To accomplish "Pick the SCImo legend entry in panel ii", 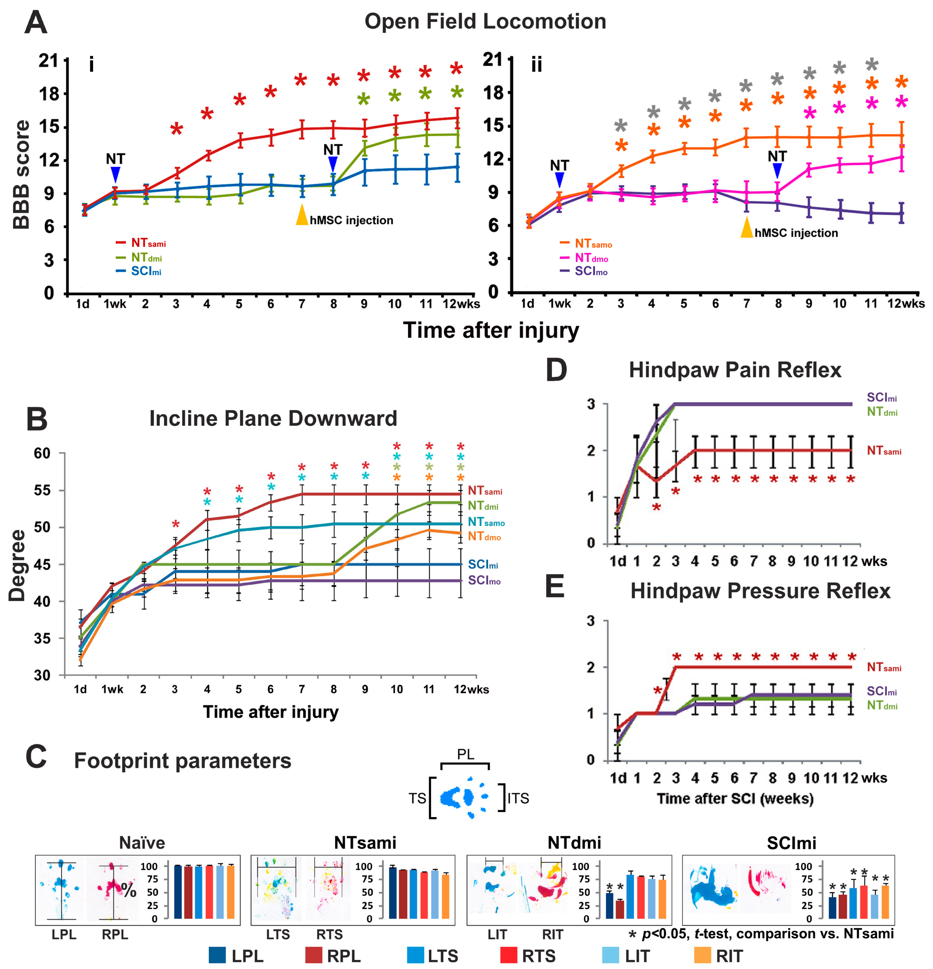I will [590, 271].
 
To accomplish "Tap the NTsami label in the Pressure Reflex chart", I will [884, 668].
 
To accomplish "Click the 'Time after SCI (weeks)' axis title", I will [735, 798].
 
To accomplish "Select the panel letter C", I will [36, 757].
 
